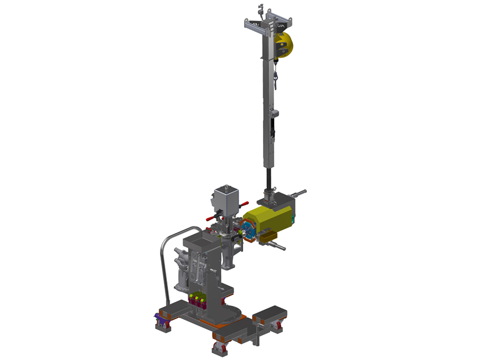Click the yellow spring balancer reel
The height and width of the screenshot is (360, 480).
285,44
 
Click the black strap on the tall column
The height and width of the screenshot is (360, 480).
273,128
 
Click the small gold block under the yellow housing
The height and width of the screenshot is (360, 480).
267,237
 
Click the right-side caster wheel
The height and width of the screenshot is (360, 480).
277,326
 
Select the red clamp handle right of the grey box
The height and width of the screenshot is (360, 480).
243,204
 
